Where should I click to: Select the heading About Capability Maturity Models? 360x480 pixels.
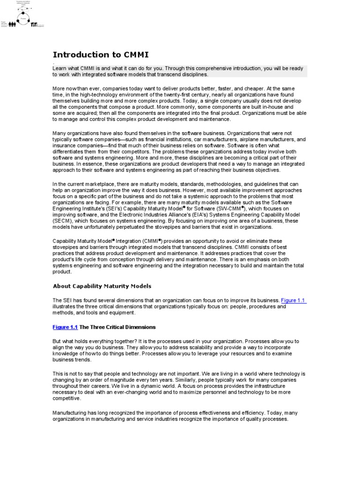tap(102, 286)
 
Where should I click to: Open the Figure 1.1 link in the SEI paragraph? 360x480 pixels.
tap(293, 300)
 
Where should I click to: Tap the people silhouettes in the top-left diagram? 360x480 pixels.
tap(12, 24)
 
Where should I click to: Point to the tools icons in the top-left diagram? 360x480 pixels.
tap(34, 24)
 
